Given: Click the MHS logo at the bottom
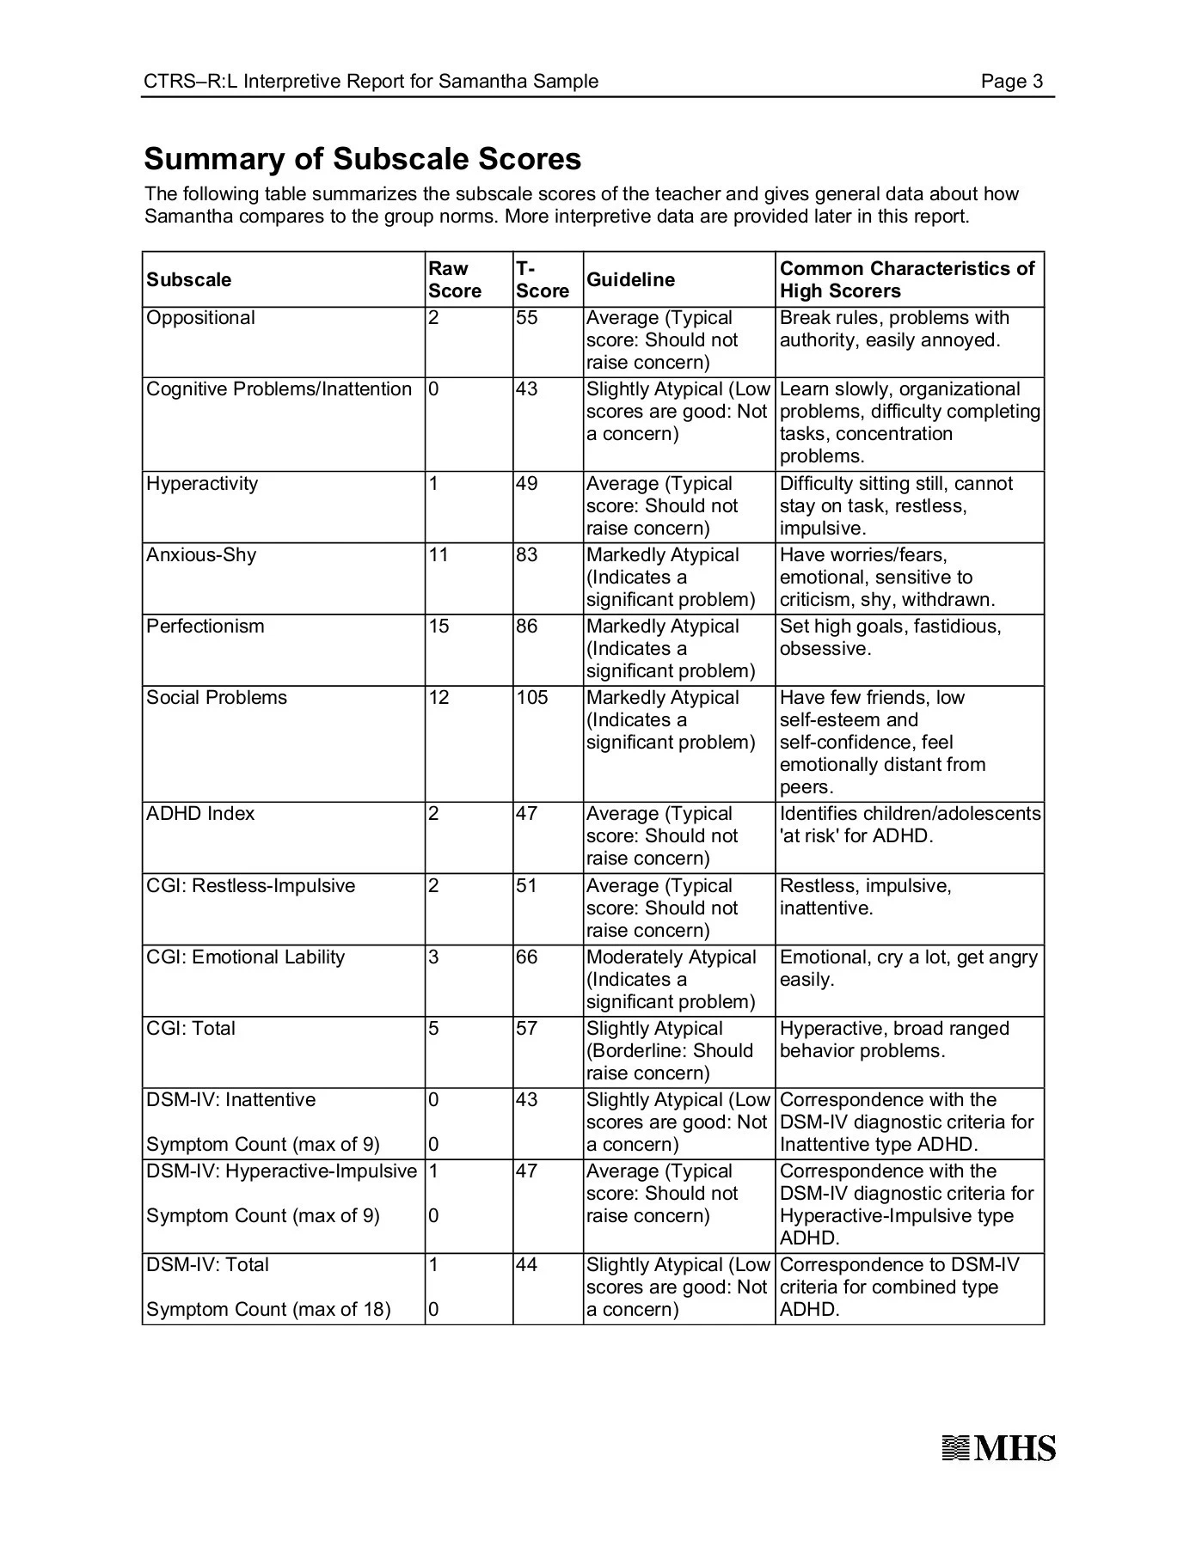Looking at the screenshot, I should pyautogui.click(x=998, y=1448).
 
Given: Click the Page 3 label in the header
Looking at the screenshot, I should pyautogui.click(x=1012, y=82).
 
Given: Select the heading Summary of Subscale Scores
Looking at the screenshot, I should pyautogui.click(x=362, y=159).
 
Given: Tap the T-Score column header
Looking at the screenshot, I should pyautogui.click(x=542, y=279).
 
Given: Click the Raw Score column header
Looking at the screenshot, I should pyautogui.click(x=455, y=279).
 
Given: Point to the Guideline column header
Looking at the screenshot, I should pyautogui.click(x=630, y=280).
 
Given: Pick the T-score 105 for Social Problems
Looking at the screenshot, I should pyautogui.click(x=532, y=698).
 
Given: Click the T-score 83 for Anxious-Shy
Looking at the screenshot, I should pyautogui.click(x=527, y=555).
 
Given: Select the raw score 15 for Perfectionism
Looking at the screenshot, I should pyautogui.click(x=439, y=627).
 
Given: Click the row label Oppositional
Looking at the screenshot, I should pyautogui.click(x=200, y=318).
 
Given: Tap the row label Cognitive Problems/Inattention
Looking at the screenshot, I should pyautogui.click(x=279, y=389).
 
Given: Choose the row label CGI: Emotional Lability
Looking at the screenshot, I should pyautogui.click(x=245, y=957).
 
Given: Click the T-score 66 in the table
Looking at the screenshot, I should pyautogui.click(x=527, y=957).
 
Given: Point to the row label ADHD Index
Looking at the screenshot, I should pyautogui.click(x=200, y=814).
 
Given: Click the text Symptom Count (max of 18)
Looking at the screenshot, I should pyautogui.click(x=268, y=1310).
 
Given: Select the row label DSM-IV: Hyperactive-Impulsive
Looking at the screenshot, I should pyautogui.click(x=281, y=1171).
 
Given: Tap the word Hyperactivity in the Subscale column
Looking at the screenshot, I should pyautogui.click(x=202, y=484).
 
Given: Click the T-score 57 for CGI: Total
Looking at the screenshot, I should pyautogui.click(x=527, y=1029).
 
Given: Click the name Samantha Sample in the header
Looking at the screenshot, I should pyautogui.click(x=518, y=82).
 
